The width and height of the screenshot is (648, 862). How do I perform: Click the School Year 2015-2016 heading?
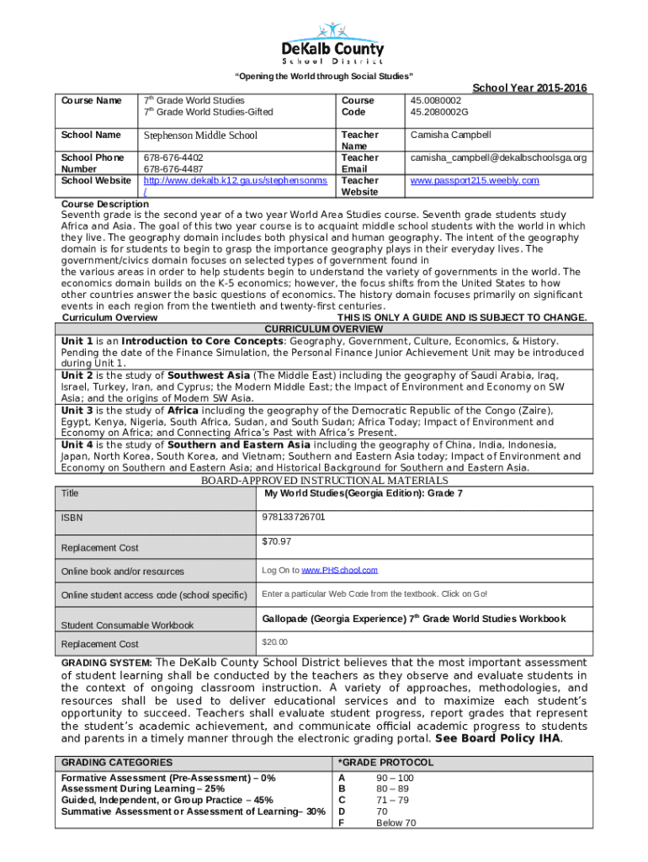tap(529, 88)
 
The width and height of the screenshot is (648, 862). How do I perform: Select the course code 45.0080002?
tap(435, 100)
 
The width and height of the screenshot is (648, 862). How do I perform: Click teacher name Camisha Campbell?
tap(450, 135)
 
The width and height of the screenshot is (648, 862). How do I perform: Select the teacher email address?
tap(498, 157)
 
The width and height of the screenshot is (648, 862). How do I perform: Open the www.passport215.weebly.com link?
tap(475, 180)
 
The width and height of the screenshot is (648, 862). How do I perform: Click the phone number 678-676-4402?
tap(173, 157)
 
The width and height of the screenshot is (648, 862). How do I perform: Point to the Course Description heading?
tap(105, 205)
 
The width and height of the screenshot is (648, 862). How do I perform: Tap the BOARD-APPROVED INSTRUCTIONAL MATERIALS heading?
tap(324, 481)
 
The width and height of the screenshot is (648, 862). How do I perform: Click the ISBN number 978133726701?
tap(294, 516)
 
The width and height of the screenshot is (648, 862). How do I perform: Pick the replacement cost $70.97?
tap(277, 541)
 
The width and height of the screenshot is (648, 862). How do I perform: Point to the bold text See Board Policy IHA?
tap(497, 738)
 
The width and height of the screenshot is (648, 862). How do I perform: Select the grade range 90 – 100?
tap(395, 777)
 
